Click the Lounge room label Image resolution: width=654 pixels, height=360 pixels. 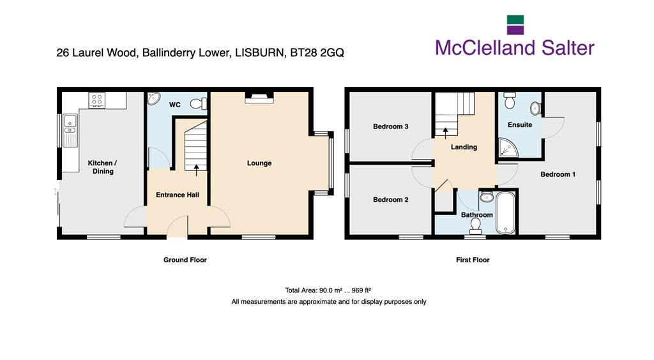tap(259, 163)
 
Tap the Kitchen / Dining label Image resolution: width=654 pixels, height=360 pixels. tap(103, 167)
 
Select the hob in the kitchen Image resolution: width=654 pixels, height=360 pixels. tap(97, 100)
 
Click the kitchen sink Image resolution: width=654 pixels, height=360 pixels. tap(70, 130)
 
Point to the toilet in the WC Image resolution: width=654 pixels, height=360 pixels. tap(199, 103)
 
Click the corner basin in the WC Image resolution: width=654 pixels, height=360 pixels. tap(153, 98)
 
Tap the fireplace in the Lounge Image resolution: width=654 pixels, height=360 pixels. tap(259, 96)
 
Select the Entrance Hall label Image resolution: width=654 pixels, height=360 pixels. tap(178, 195)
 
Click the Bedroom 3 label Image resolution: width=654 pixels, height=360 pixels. tap(390, 126)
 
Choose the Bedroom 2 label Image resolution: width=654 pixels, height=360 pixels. tap(390, 200)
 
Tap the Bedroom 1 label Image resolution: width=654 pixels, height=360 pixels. tap(558, 174)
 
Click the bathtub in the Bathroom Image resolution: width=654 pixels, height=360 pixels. tap(506, 213)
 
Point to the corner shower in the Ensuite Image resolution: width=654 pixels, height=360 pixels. tap(508, 148)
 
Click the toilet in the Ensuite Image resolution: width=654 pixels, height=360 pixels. tap(510, 100)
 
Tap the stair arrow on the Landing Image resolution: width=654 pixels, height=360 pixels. tap(445, 133)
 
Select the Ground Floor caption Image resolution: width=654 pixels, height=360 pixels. tap(185, 260)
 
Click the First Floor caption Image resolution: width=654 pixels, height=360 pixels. tap(473, 260)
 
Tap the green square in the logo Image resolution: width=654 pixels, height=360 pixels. tap(515, 20)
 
